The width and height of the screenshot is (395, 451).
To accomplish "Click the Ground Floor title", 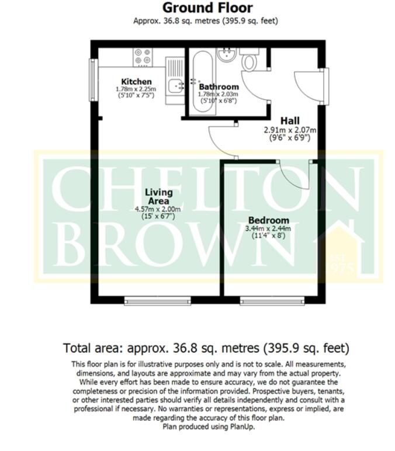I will tap(207, 8).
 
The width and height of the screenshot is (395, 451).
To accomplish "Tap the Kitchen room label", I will tap(136, 81).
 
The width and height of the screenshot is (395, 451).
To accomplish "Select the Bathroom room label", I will tap(219, 86).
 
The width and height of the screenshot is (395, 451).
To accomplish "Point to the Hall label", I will tap(290, 120).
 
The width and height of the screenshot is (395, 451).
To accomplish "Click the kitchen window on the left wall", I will tap(93, 78).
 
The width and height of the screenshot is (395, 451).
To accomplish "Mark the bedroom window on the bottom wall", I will tap(269, 300).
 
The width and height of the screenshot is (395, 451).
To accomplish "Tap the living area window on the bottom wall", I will tap(158, 300).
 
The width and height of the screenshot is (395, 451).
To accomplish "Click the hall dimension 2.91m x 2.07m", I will tap(290, 130).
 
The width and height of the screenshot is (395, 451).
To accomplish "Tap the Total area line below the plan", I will tap(206, 348).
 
